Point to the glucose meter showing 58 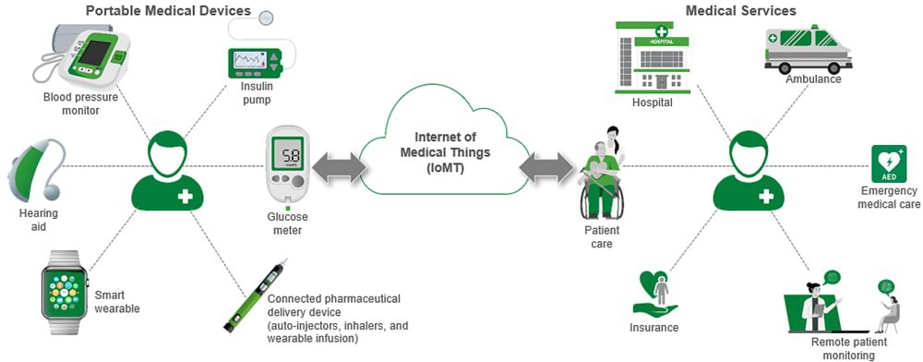(x=289, y=165)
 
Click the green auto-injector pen (x=253, y=295)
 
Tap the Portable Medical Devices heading (x=168, y=11)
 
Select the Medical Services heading (x=740, y=11)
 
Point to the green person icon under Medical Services (x=749, y=170)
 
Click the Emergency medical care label (x=890, y=198)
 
